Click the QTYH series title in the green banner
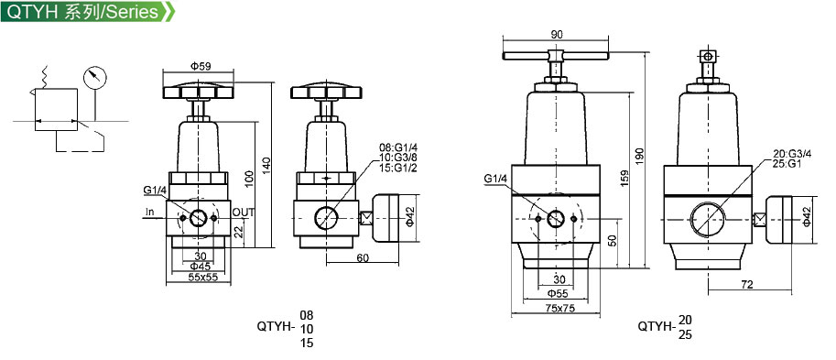(82, 11)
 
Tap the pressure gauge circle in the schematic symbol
(95, 77)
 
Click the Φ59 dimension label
(201, 66)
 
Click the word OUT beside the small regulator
(244, 213)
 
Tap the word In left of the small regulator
(150, 213)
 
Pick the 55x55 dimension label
(203, 277)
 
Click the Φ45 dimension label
(201, 267)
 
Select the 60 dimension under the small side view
(363, 258)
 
